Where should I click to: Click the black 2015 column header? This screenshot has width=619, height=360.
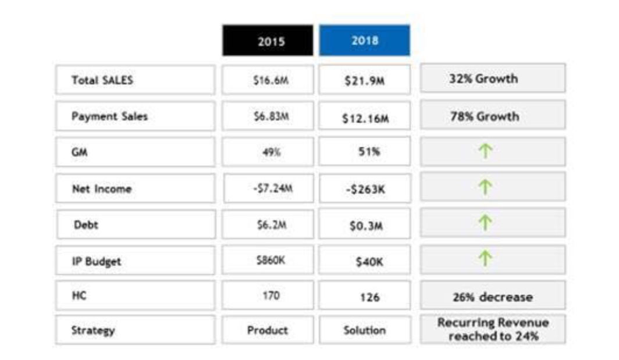(268, 41)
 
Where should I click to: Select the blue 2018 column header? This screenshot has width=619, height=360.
(364, 40)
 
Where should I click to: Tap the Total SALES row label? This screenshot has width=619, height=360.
(135, 80)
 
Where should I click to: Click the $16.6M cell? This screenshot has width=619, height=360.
(268, 80)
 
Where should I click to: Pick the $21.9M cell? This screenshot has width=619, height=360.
(364, 80)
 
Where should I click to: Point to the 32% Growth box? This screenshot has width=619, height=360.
(492, 79)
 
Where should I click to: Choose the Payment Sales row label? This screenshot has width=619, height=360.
(135, 116)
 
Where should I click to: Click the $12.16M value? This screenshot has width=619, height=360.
(364, 117)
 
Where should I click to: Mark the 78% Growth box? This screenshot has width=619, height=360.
(492, 116)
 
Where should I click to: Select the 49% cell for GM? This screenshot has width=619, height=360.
(268, 152)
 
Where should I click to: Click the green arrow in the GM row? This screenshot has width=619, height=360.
(485, 152)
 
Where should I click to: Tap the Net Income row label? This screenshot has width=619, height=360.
(135, 188)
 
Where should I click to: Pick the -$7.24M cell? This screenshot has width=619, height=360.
(268, 188)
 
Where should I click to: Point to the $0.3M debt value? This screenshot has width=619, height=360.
(364, 224)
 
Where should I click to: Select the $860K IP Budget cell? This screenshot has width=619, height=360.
(268, 260)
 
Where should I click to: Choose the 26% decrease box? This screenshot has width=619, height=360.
(492, 296)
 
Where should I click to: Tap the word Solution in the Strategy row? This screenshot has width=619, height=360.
(364, 330)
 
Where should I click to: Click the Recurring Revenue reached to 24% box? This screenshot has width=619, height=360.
(492, 329)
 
